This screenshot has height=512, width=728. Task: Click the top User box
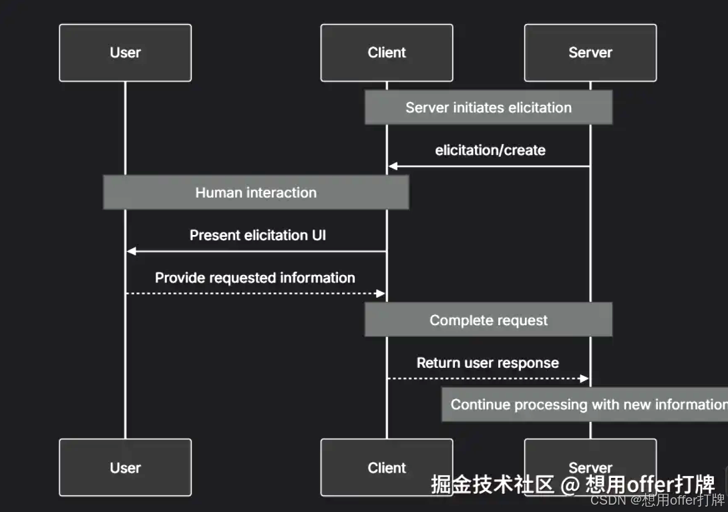click(125, 53)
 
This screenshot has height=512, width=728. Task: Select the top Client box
click(387, 53)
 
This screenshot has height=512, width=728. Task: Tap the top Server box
click(590, 53)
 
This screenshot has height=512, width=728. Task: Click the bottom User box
click(125, 467)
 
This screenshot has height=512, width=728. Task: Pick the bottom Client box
click(387, 467)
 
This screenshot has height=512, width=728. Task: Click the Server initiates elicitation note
click(488, 107)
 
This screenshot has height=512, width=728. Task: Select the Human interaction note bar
click(256, 193)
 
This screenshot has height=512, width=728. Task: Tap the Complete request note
click(488, 320)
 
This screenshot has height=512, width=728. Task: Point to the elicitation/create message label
click(490, 150)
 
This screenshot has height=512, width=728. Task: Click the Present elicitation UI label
click(258, 235)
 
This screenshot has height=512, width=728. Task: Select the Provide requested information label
click(255, 278)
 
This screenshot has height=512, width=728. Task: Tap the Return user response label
click(488, 363)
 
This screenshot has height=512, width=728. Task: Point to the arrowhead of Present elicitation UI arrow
click(132, 251)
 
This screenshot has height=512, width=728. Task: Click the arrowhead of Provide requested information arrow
click(381, 294)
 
